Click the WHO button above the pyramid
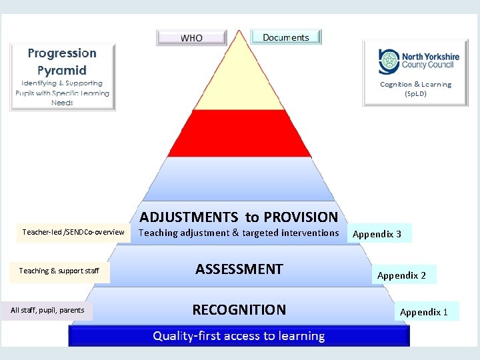coord(191,38)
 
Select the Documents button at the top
coord(286,37)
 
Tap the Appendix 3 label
coord(377,234)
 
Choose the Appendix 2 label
coord(402,275)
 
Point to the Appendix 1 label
coord(425,312)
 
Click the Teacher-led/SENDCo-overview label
coord(73,232)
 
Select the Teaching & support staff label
coord(59,271)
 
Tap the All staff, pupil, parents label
coord(48,310)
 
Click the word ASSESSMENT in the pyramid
coord(239,269)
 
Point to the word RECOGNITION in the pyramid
coord(239,309)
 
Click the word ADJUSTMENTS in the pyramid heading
coord(189,217)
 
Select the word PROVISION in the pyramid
coord(301,217)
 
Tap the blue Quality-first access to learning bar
coord(239,336)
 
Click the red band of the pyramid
coord(239,133)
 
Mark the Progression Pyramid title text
coord(62,61)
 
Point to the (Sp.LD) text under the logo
coord(415,94)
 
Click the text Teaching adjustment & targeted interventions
coord(239,233)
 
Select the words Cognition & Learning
coord(415,85)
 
